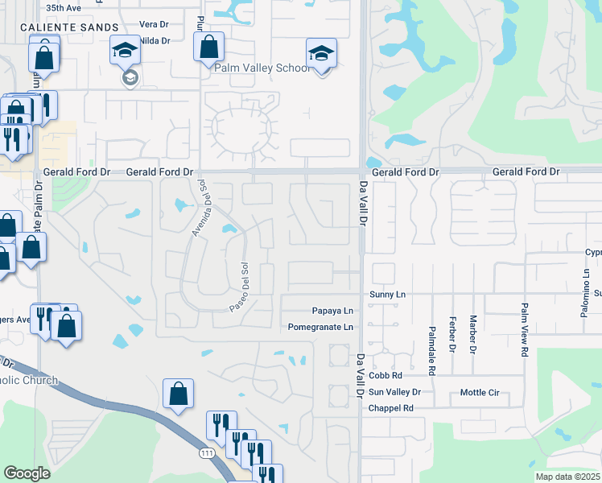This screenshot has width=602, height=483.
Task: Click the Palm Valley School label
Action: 262,68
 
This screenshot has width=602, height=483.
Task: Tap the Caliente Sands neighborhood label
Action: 53,27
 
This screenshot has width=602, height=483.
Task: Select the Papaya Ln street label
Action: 332,311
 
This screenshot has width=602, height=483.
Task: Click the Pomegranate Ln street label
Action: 321,327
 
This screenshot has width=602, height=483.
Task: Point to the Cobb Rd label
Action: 386,376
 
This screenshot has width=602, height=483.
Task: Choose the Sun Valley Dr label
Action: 394,392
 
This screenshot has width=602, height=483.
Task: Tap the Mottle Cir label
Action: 480,392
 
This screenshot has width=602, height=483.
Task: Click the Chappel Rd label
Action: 390,408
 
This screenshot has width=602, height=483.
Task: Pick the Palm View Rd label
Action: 524,329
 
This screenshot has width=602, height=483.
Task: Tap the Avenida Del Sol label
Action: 199,208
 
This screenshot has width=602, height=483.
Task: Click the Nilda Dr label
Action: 155,40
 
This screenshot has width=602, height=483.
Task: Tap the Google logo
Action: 27,473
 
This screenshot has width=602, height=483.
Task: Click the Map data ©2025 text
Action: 567,477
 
